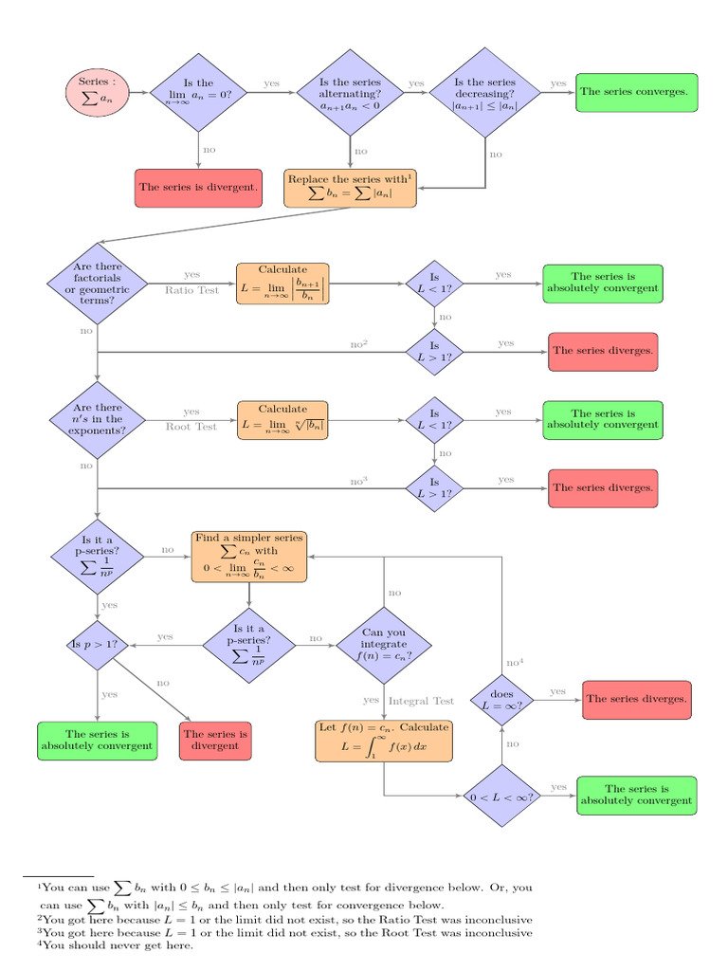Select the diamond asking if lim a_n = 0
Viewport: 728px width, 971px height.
coord(198,92)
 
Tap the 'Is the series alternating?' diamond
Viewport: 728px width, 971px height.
coord(350,92)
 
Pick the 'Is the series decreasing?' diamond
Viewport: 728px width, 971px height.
coord(485,93)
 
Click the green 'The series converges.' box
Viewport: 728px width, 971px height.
coord(636,92)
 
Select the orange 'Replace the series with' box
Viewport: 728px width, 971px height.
coord(350,189)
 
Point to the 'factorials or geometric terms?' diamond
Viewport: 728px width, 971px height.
coord(97,284)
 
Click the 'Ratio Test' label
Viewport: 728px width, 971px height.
coord(191,290)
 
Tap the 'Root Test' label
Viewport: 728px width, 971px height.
coord(191,427)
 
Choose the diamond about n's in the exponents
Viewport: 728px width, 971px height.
coord(97,419)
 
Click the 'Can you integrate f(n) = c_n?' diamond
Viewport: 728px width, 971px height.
coord(384,645)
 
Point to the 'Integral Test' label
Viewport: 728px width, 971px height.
coord(422,701)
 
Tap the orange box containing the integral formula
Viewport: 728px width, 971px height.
coord(384,741)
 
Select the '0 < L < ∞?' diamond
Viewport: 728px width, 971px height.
coord(501,797)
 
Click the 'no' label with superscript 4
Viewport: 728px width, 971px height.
coord(515,662)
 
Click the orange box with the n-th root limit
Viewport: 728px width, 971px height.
coord(282,420)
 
